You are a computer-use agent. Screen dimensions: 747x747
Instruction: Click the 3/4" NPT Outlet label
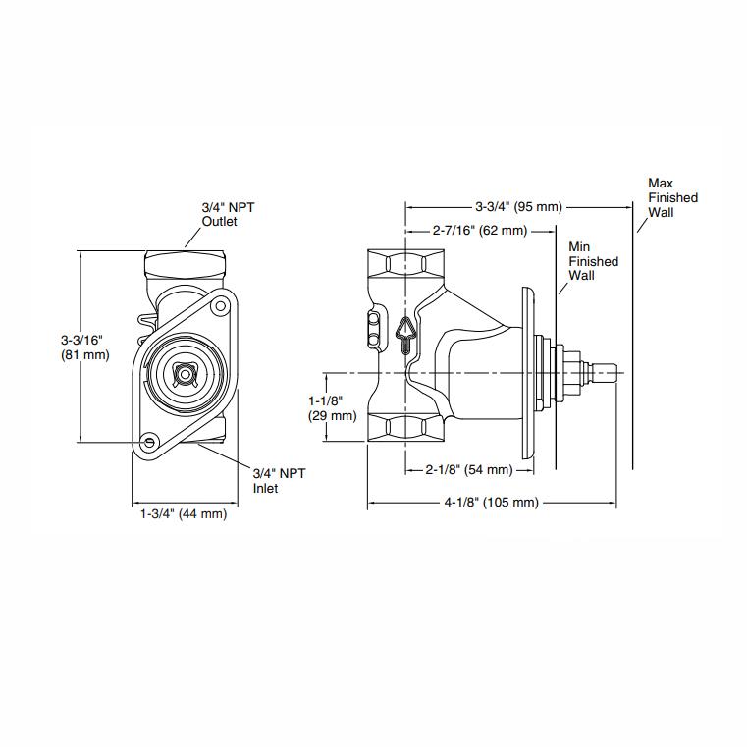[222, 214]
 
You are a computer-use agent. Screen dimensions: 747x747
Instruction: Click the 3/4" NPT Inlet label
[280, 480]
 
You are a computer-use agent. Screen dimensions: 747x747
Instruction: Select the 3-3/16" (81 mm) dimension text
[82, 347]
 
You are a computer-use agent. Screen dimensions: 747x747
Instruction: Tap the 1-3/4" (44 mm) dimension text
[183, 514]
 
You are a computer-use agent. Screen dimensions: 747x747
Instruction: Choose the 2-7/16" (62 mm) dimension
[480, 231]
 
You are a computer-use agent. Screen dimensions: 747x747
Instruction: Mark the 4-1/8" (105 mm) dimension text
[491, 503]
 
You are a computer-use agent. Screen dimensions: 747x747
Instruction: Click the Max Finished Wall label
[672, 197]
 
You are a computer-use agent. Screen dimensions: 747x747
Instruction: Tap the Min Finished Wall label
[594, 262]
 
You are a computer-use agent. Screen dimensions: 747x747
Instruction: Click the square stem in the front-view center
[184, 373]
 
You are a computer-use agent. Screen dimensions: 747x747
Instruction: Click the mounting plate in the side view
[528, 373]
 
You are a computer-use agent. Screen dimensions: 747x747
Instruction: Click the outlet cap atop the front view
[186, 264]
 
